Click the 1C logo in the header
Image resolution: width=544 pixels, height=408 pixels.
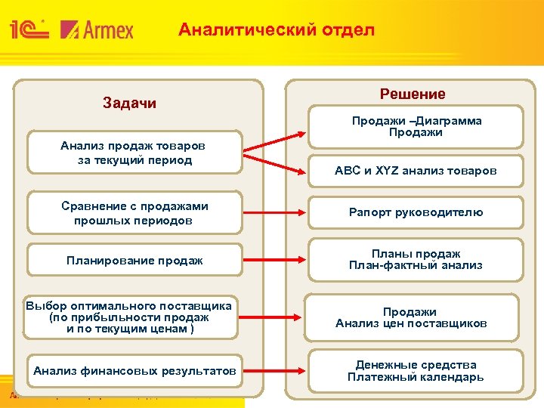pyautogui.click(x=29, y=29)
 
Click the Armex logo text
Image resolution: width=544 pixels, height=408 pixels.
pyautogui.click(x=97, y=29)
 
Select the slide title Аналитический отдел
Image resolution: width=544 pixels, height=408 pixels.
pyautogui.click(x=276, y=30)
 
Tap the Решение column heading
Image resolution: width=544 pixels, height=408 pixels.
pyautogui.click(x=413, y=94)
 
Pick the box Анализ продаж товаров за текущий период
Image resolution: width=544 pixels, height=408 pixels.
pyautogui.click(x=134, y=153)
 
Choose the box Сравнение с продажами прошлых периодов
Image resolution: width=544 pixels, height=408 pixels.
pyautogui.click(x=134, y=213)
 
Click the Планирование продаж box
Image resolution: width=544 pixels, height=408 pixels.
pyautogui.click(x=134, y=261)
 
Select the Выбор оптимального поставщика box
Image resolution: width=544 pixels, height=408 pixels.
pyautogui.click(x=128, y=317)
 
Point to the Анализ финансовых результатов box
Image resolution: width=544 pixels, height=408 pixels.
pyautogui.click(x=134, y=370)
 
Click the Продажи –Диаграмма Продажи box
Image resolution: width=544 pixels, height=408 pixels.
pyautogui.click(x=416, y=126)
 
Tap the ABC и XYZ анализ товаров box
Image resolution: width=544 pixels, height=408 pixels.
pyautogui.click(x=416, y=171)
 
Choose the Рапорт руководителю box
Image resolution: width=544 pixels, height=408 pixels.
pyautogui.click(x=416, y=212)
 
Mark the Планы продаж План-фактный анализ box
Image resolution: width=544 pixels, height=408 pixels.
pyautogui.click(x=416, y=260)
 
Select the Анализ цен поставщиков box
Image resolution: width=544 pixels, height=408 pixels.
pyautogui.click(x=412, y=317)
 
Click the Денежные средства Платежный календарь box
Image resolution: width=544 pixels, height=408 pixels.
pyautogui.click(x=416, y=371)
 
